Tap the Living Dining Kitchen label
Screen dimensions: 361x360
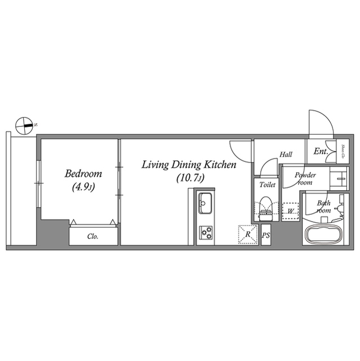188,165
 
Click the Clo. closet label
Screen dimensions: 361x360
94,237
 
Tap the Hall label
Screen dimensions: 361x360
286,155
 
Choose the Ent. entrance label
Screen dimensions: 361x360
321,151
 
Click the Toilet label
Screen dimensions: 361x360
267,185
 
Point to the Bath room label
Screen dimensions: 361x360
323,206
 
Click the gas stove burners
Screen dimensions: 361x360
205,231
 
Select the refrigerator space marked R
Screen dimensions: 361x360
247,234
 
